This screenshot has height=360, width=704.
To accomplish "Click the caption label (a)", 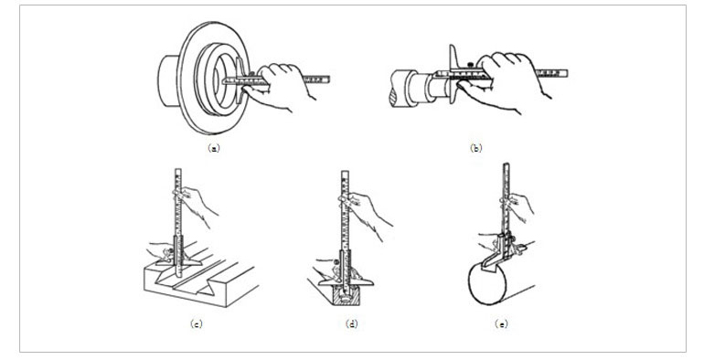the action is pos(214,148).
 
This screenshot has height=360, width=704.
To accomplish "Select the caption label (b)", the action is pos(476,148).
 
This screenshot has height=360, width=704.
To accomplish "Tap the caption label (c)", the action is pos(197,323).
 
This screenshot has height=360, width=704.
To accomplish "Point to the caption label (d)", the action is pos(352,323).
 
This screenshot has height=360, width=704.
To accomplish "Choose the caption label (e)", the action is pos(501,323).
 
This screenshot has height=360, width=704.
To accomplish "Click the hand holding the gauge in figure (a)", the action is pos(278,86).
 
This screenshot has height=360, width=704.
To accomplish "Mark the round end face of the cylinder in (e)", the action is pos(487,283).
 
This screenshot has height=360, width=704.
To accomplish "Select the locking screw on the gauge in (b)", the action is pos(470,64).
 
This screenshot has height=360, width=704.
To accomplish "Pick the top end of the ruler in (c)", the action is pos(177,170).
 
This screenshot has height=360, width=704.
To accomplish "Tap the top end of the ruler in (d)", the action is pos(345,172).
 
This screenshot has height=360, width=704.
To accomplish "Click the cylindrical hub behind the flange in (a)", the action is pos(168,80).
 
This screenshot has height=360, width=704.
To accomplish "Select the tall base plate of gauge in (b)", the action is pos(453,74).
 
